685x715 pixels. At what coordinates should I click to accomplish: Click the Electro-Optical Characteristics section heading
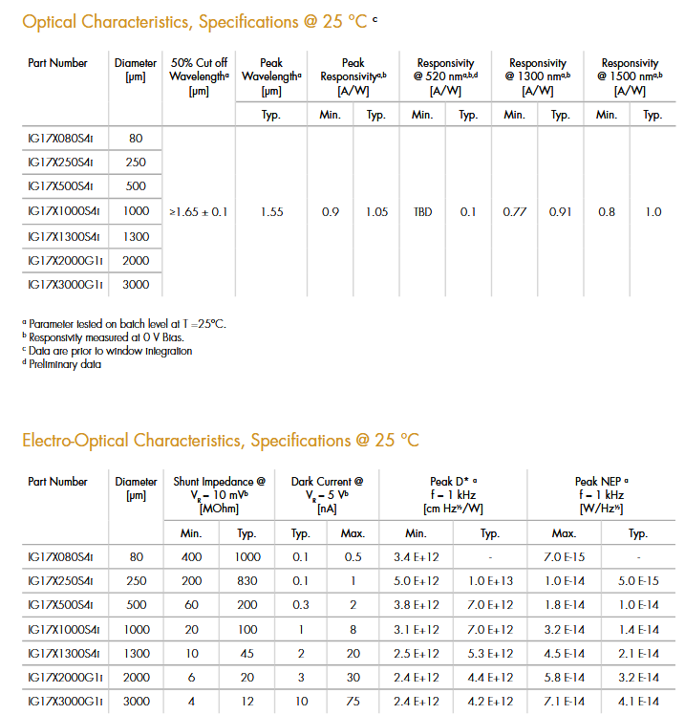click(x=221, y=441)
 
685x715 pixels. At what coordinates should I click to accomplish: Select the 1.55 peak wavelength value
click(x=271, y=212)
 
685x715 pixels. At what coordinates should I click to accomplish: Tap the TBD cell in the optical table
click(x=422, y=212)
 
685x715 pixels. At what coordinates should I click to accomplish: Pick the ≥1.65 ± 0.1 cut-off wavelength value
click(x=199, y=212)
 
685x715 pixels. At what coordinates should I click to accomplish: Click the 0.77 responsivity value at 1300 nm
click(x=515, y=212)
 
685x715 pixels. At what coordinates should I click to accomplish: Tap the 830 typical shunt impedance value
click(x=247, y=580)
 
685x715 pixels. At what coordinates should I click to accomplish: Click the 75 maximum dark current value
click(x=353, y=701)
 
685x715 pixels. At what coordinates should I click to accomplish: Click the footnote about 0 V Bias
click(x=105, y=337)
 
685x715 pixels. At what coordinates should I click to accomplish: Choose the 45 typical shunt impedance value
click(x=247, y=653)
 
